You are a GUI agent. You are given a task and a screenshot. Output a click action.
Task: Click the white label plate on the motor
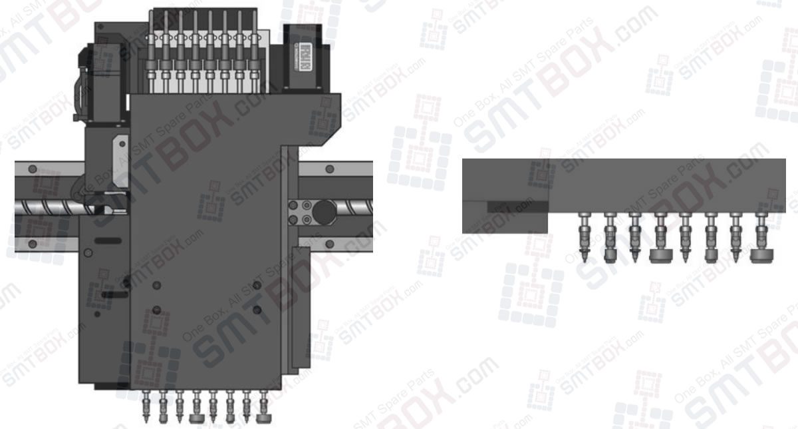tap(305, 51)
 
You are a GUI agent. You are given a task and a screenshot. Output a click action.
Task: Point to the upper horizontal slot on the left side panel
tap(108, 238)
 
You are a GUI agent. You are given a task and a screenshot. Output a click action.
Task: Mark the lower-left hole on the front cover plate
tap(156, 309)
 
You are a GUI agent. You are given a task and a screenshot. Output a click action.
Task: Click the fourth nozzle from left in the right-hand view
tap(660, 240)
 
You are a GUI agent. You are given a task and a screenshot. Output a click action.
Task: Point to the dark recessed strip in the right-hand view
tap(515, 207)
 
